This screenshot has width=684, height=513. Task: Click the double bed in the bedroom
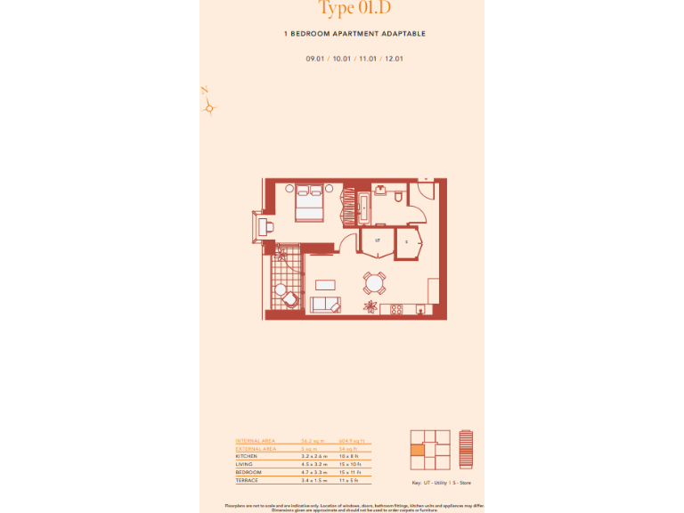pos(310,203)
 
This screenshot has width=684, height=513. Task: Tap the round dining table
pos(374,284)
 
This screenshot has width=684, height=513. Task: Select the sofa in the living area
pos(325,305)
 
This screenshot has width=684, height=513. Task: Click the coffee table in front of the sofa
pos(326,285)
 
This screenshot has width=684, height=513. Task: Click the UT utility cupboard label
pos(378,240)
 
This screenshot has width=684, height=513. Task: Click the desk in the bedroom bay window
pos(266,224)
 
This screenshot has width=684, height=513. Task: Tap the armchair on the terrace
pos(281,290)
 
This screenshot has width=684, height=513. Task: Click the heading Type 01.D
pos(354,9)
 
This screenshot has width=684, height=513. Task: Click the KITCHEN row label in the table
pos(247,456)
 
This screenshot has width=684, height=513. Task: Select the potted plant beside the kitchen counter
pos(368,307)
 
